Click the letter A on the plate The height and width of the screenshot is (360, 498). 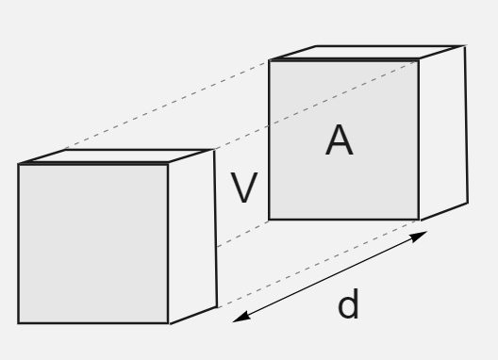coord(340,139)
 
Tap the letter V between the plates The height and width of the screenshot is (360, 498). coord(244,188)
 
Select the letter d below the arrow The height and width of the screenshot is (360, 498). coord(348,303)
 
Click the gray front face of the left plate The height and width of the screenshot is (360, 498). coord(93,243)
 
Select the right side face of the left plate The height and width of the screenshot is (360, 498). coord(192,237)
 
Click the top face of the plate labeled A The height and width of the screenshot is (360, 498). coord(368,53)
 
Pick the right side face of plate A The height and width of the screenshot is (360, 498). coord(443,133)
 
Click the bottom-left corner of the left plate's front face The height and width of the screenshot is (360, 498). coord(19,323)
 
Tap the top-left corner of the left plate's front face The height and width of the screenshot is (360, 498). coord(19,164)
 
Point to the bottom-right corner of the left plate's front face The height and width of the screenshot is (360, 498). coord(168,323)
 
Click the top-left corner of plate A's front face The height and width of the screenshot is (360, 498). coord(270,60)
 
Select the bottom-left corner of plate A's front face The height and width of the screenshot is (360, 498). coord(269,219)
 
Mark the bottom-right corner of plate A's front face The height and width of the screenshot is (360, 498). coord(419,220)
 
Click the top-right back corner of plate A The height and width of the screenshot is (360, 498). coord(465,46)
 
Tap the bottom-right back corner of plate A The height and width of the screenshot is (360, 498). coord(468,203)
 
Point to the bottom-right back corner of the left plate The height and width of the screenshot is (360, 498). coord(217,306)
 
